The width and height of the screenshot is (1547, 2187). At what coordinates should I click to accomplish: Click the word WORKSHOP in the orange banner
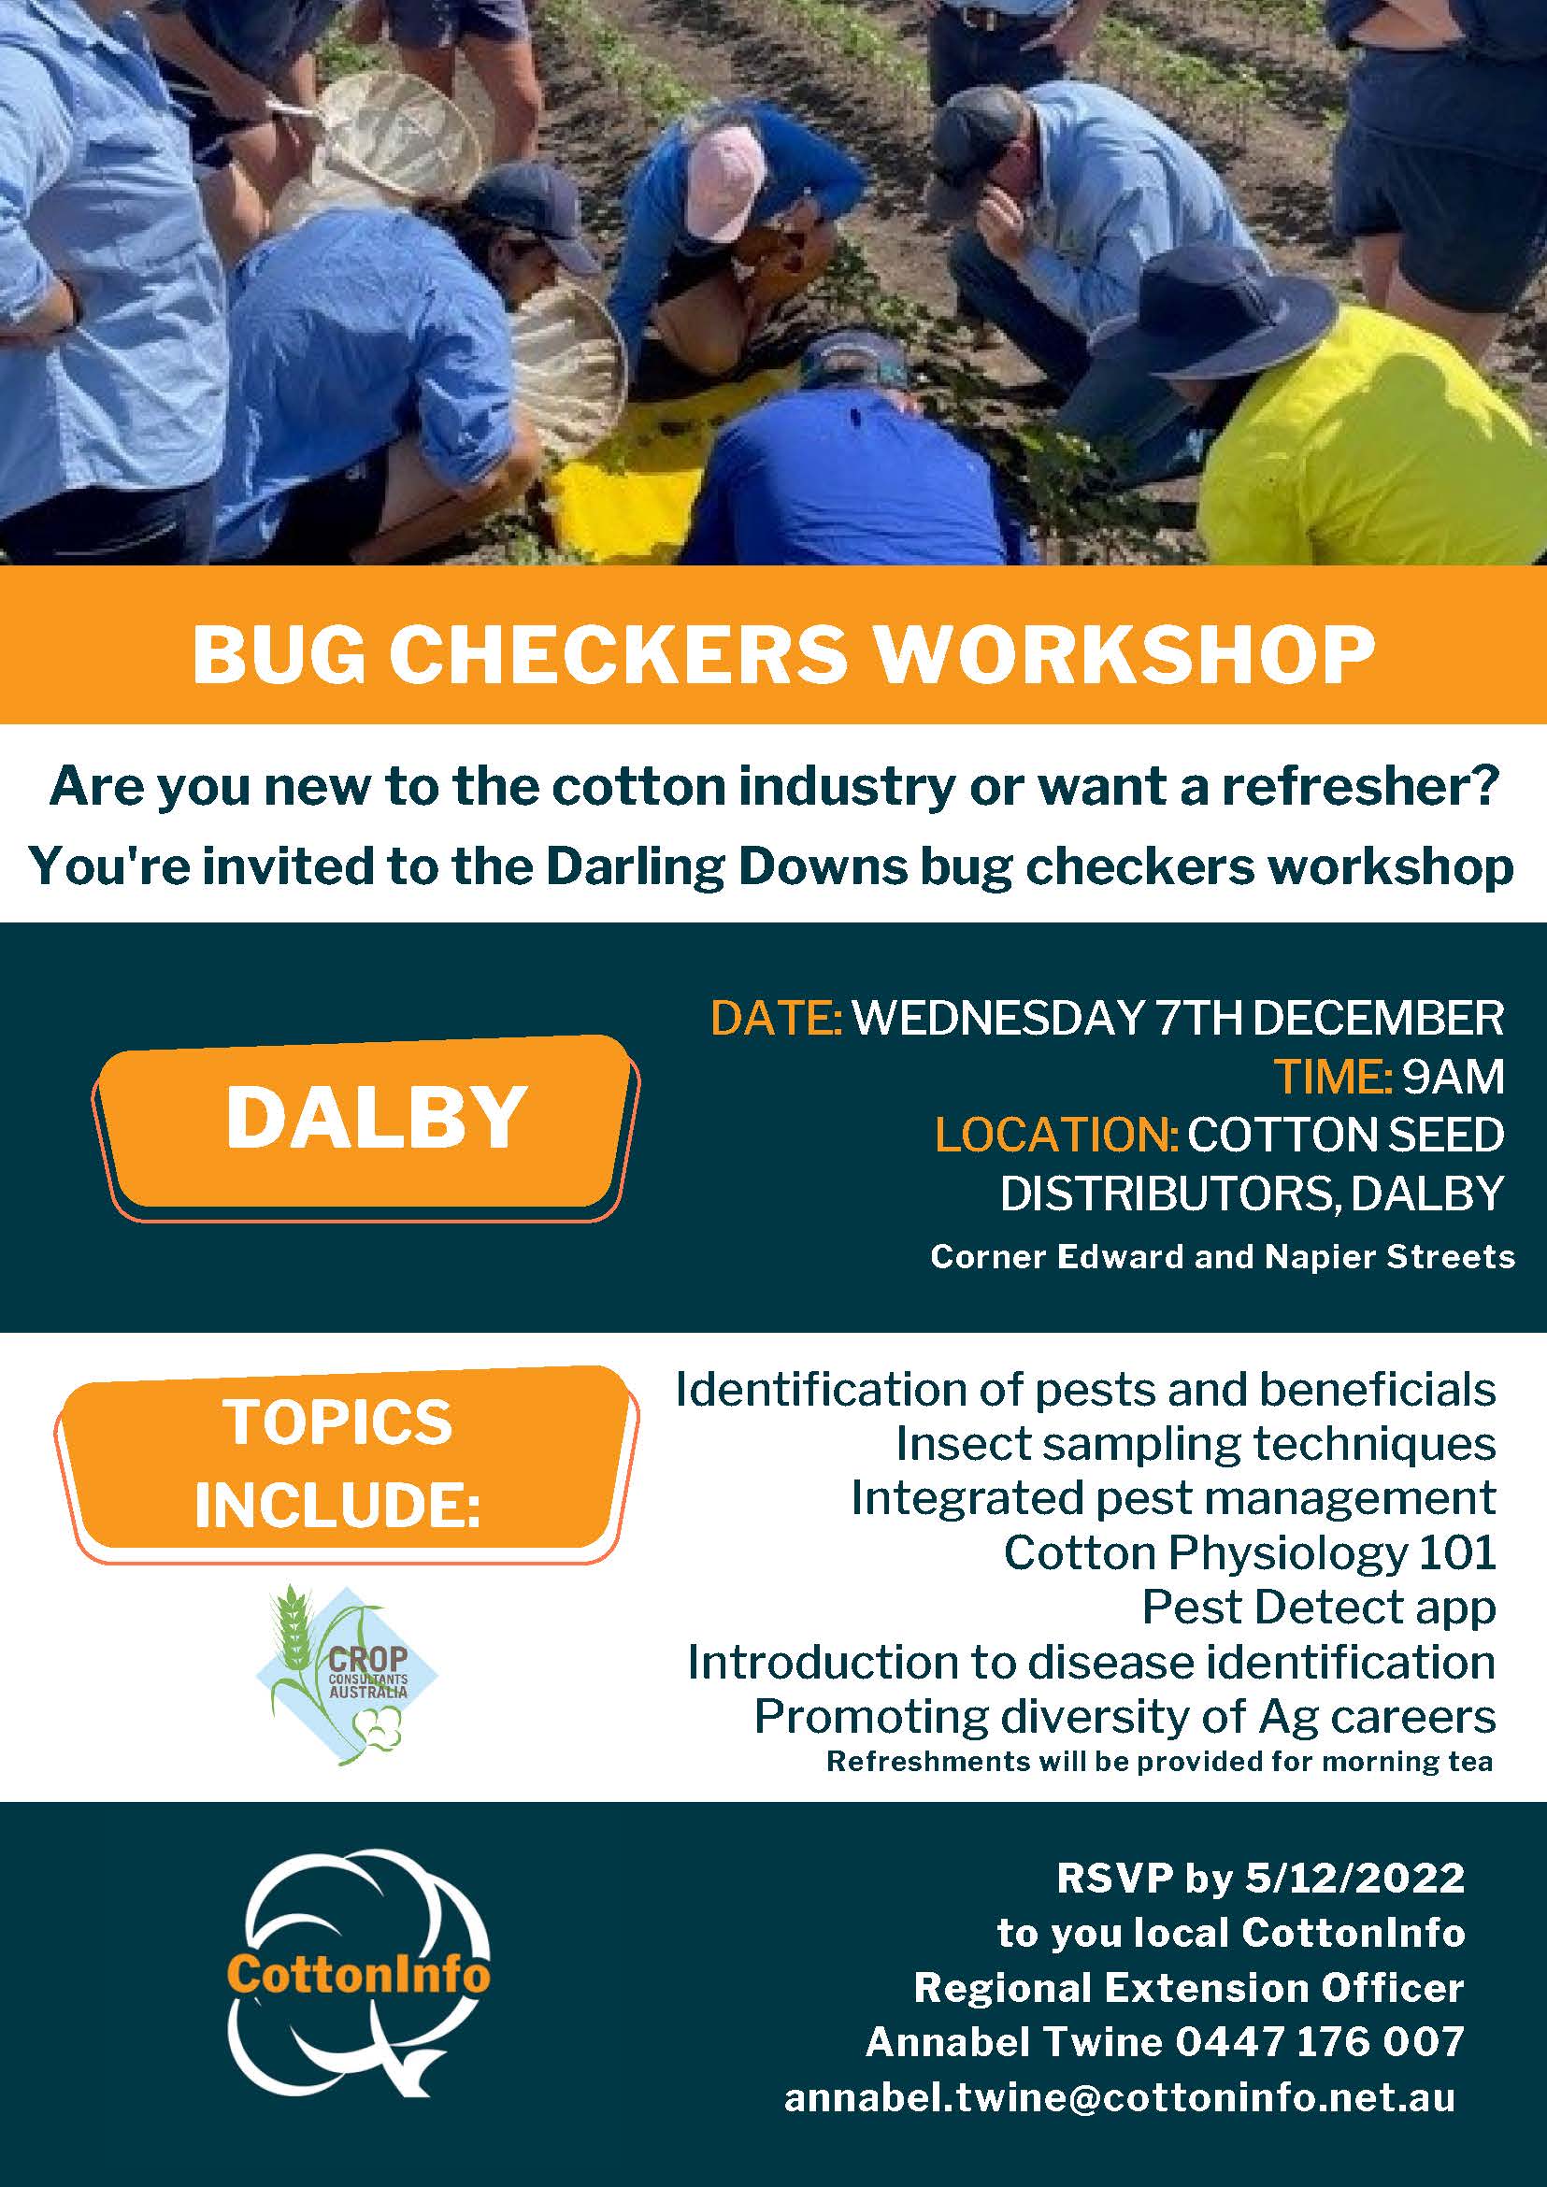1125,654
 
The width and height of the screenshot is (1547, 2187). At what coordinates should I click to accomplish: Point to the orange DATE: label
777,1018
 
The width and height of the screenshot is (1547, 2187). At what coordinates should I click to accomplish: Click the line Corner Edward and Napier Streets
1222,1257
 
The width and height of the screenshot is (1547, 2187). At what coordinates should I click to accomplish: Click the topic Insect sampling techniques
1196,1444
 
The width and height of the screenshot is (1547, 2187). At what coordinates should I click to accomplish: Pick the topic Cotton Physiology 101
1250,1552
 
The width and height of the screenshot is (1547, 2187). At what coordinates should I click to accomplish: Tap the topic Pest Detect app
1318,1607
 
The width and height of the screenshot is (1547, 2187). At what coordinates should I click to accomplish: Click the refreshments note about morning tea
1159,1761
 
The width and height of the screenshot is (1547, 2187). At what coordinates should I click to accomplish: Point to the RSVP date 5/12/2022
1354,1878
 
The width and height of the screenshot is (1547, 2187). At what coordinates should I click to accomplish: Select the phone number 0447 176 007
1319,2041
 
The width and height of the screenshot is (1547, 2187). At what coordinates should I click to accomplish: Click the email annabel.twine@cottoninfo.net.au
1119,2097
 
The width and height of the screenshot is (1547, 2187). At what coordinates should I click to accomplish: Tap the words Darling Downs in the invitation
727,865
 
